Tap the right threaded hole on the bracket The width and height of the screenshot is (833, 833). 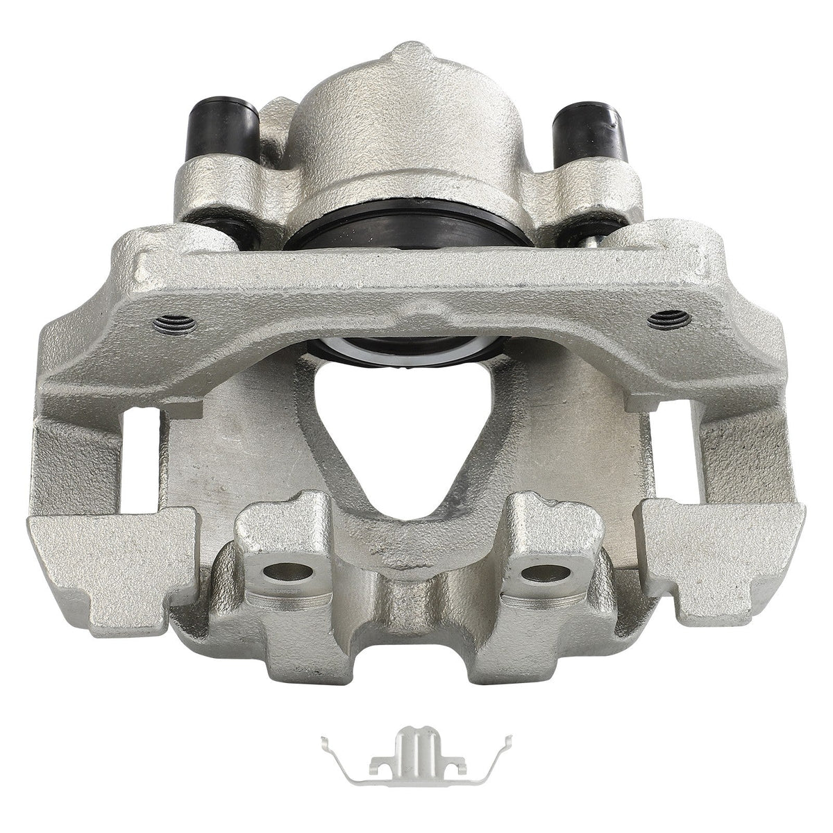[x=668, y=319]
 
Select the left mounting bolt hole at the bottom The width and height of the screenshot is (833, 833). [x=286, y=573]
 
